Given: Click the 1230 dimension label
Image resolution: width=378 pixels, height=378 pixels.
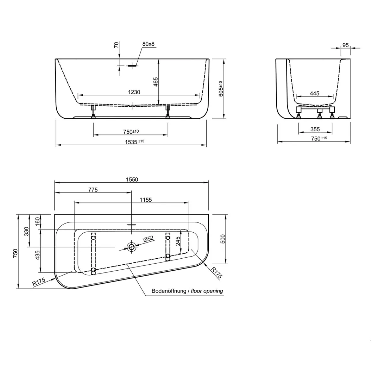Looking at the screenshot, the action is pos(134,92).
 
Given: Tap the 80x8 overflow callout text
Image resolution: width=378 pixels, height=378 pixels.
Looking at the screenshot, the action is pos(148,44).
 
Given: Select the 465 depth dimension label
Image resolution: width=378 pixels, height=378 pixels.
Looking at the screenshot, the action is pos(155,82).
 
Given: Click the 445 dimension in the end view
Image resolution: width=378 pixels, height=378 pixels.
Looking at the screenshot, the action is pos(315,93).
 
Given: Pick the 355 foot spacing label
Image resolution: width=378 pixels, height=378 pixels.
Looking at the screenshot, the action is pos(315,129).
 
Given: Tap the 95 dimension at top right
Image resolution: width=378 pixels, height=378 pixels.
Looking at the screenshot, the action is pos(346,45).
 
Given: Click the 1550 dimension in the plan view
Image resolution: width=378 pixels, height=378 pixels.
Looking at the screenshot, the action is pos(132,180).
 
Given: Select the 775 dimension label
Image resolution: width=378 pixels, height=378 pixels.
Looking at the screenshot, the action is pos(93,190).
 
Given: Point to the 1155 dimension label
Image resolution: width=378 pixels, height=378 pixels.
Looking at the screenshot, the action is pos(146,200).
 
